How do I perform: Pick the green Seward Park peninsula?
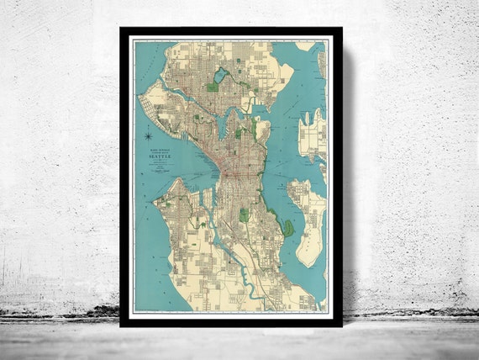pos(287,227)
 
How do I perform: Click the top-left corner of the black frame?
pos(122,30)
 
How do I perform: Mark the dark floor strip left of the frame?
pos(59,317)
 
